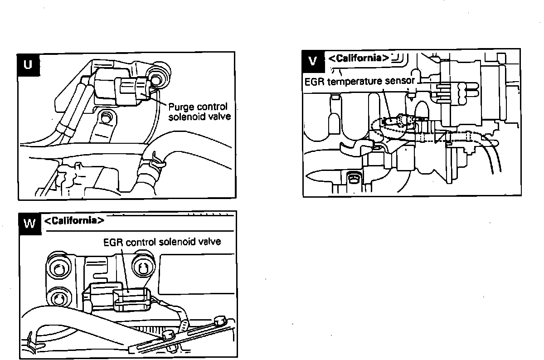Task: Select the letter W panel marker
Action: [x=29, y=224]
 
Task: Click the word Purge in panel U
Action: [x=181, y=107]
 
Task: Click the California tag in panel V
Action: [x=358, y=58]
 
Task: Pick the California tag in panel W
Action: [x=74, y=221]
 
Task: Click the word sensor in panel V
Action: [x=402, y=82]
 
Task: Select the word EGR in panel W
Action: [x=112, y=242]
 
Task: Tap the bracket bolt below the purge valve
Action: [x=106, y=117]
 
